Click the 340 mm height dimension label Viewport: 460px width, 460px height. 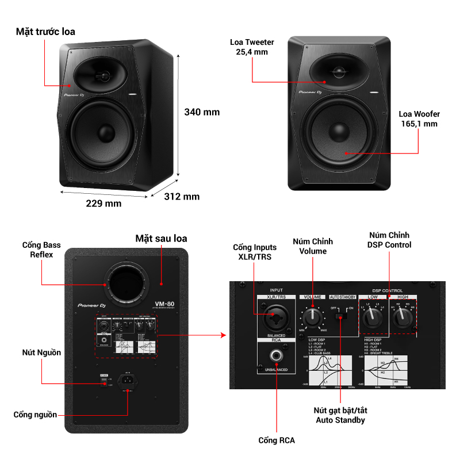pyautogui.click(x=202, y=112)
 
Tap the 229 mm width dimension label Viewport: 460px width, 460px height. pyautogui.click(x=103, y=204)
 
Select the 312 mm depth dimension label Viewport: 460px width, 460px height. pyautogui.click(x=182, y=197)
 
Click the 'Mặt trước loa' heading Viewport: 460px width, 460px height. pyautogui.click(x=45, y=32)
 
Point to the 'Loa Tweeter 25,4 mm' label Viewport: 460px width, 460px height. pyautogui.click(x=252, y=47)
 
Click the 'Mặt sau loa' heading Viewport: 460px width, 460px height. pyautogui.click(x=161, y=238)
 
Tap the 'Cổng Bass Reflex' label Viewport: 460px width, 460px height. pyautogui.click(x=41, y=250)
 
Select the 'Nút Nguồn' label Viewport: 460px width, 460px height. pyautogui.click(x=41, y=352)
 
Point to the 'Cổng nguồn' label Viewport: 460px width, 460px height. pyautogui.click(x=36, y=415)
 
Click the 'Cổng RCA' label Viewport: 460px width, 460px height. pyautogui.click(x=277, y=440)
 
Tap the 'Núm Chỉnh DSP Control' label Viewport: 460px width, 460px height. pyautogui.click(x=390, y=240)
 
